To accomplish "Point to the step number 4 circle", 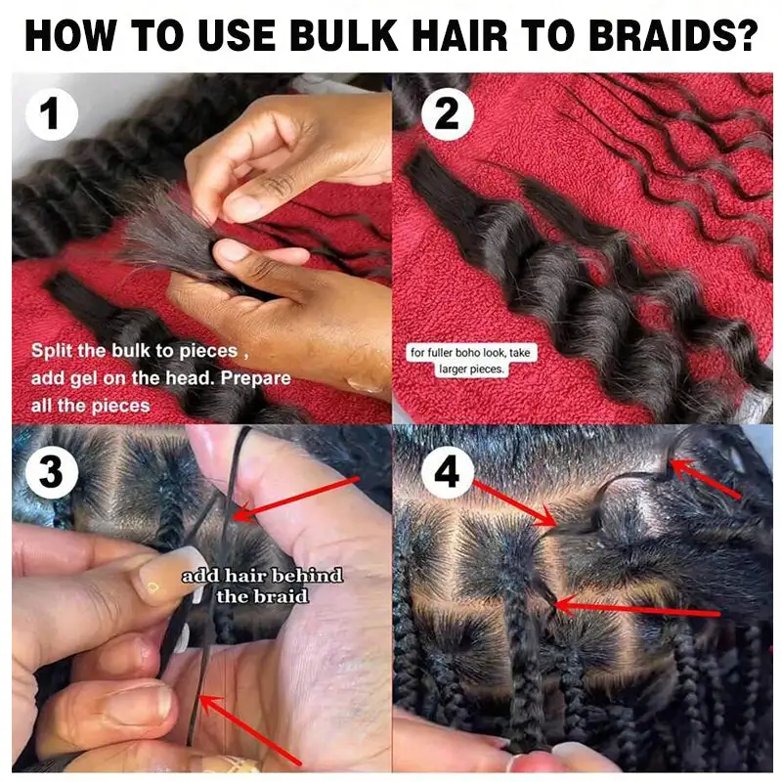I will coord(446,476).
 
